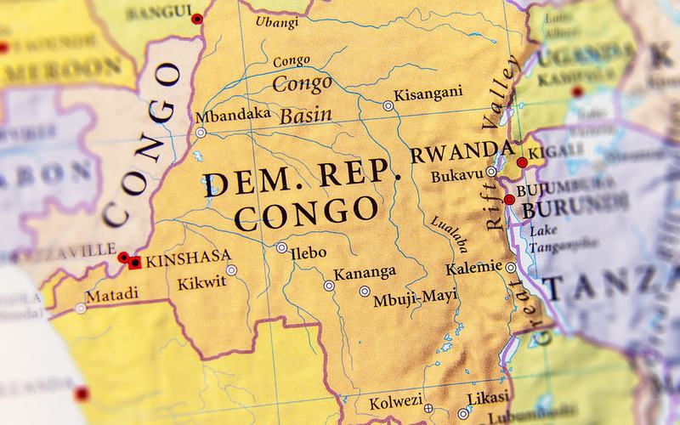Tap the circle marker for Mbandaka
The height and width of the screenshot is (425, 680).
click(201, 133)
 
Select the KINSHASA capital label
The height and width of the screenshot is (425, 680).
click(179, 261)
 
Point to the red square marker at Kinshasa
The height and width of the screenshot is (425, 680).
click(133, 261)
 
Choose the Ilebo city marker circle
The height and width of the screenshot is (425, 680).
click(281, 247)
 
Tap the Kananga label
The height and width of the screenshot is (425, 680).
click(365, 275)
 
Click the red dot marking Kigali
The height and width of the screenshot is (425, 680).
click(522, 161)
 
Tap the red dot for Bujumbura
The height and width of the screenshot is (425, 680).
click(508, 200)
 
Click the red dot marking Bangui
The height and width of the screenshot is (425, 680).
click(198, 19)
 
